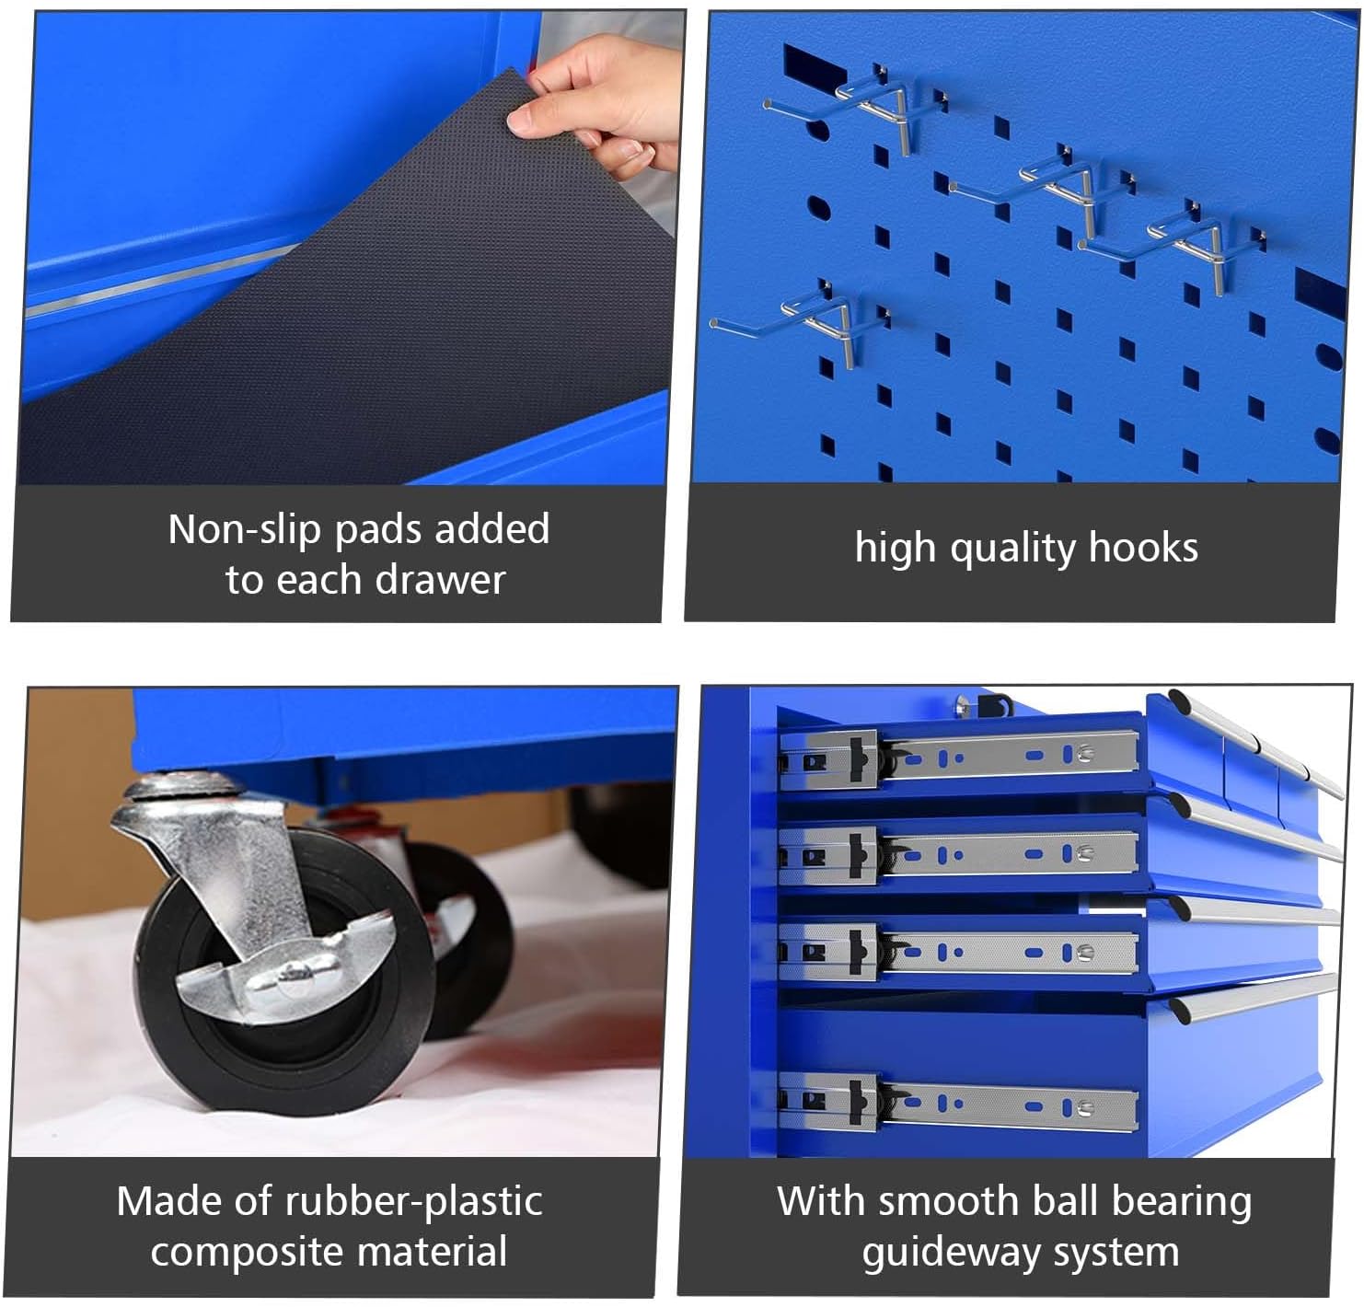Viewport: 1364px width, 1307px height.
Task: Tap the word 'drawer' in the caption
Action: click(440, 580)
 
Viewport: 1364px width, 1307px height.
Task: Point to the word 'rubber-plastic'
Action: click(413, 1202)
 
